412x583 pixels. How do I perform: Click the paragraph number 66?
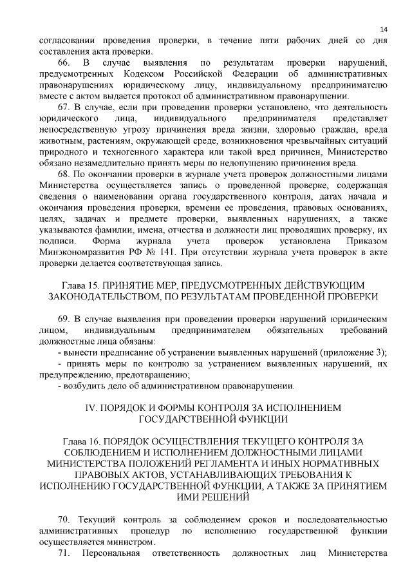[64, 62]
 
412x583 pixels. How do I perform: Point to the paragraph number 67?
[64, 107]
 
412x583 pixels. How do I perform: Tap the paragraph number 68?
[64, 174]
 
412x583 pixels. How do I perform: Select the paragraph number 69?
[64, 319]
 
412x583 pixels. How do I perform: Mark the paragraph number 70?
[64, 520]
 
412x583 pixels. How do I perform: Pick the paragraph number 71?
[63, 553]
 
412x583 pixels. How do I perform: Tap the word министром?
[133, 542]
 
